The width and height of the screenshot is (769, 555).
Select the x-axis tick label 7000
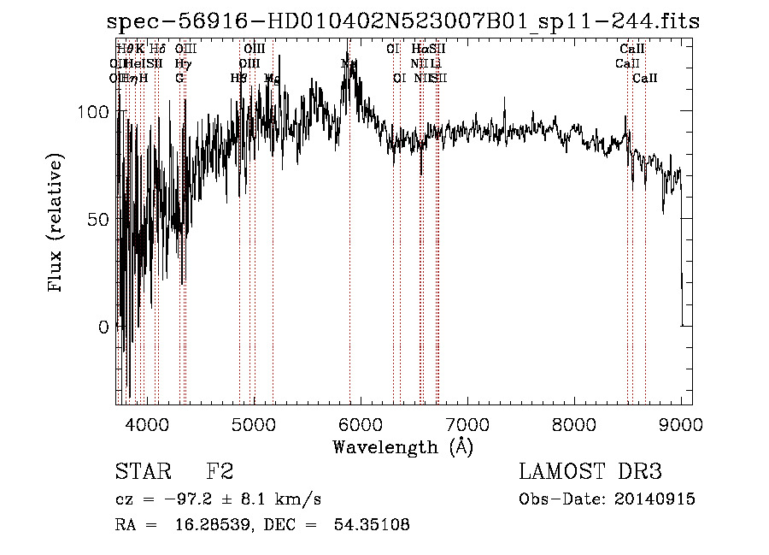click(x=467, y=425)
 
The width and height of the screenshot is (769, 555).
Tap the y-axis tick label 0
click(x=104, y=327)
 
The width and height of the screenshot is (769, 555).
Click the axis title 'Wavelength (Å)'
click(x=402, y=446)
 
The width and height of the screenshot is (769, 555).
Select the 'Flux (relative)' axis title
click(x=57, y=225)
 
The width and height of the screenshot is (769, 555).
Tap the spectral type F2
click(x=220, y=472)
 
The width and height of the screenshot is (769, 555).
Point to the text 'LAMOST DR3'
click(x=590, y=472)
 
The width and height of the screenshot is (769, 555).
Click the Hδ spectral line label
click(x=157, y=50)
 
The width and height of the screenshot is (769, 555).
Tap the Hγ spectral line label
click(x=183, y=63)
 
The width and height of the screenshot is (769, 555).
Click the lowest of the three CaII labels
click(x=645, y=78)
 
